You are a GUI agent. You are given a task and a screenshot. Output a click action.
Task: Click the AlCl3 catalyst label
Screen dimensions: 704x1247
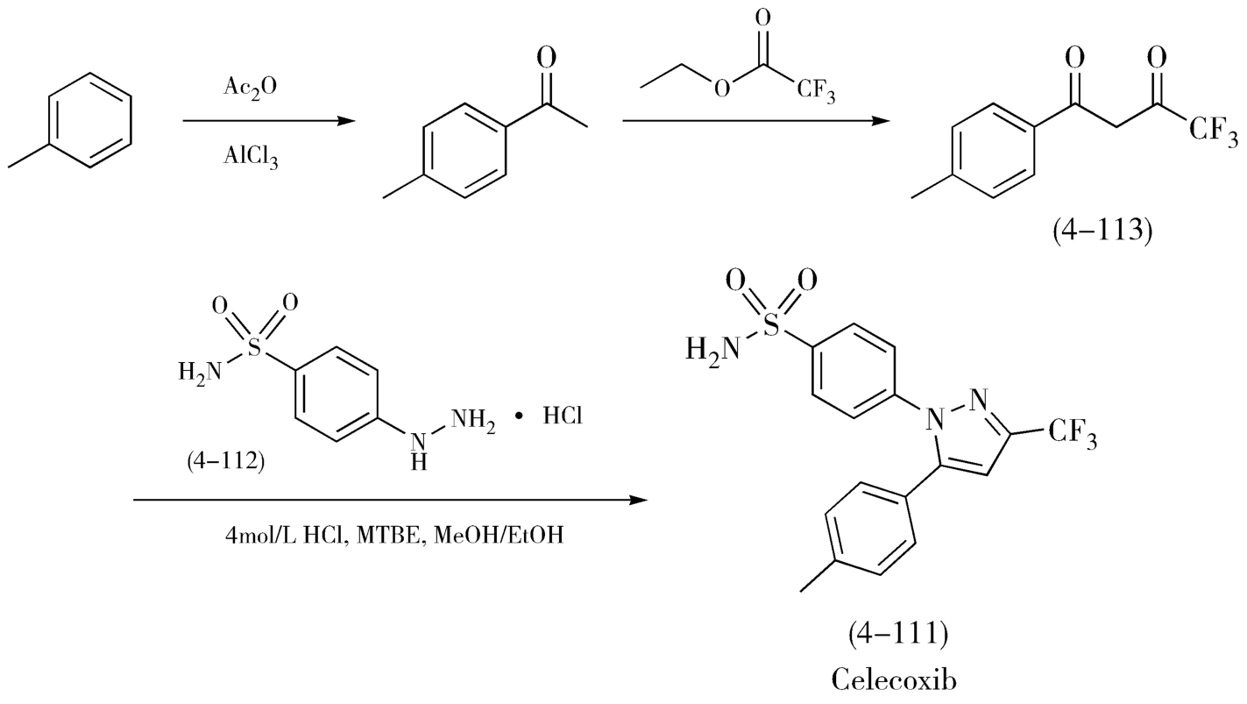coord(251,158)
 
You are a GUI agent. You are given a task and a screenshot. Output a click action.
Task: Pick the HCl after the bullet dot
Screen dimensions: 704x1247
coord(563,417)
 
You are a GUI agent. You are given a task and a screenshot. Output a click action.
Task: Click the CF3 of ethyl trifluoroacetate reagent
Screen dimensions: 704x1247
coord(816,92)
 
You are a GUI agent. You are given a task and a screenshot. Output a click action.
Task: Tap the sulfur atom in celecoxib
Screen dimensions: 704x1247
coord(771,326)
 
